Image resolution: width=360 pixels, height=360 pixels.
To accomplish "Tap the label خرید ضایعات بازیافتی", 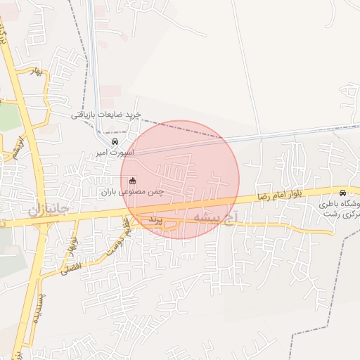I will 106,114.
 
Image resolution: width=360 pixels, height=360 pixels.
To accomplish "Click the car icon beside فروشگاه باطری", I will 342,193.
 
